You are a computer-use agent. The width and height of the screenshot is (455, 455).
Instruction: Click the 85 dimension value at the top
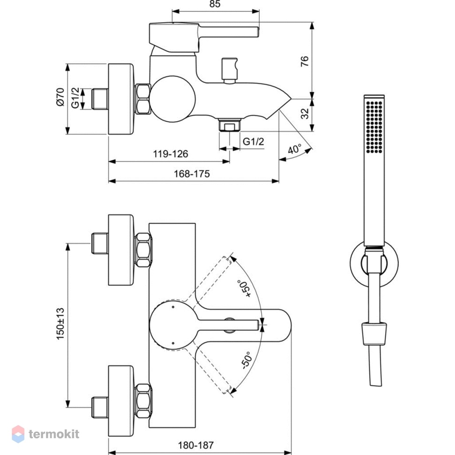click(215, 4)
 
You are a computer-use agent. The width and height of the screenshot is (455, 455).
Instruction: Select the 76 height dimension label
click(305, 61)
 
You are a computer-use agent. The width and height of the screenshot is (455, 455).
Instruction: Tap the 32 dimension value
click(305, 114)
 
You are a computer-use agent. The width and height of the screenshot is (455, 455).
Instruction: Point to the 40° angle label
click(295, 149)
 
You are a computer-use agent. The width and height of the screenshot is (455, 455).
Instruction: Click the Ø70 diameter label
click(60, 97)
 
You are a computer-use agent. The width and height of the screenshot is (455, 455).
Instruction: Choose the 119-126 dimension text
click(170, 153)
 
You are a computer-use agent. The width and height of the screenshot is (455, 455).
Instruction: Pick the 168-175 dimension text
click(191, 174)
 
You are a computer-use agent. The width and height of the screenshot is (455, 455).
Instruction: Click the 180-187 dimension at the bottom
click(196, 445)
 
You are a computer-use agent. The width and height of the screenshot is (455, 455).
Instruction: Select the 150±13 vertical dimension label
click(60, 324)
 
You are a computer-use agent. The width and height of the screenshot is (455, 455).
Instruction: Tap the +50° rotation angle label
click(244, 288)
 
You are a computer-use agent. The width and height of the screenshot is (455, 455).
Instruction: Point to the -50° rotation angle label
click(246, 360)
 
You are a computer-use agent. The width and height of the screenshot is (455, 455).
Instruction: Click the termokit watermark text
click(54, 434)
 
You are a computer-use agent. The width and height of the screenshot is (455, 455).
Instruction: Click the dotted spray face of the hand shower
click(374, 127)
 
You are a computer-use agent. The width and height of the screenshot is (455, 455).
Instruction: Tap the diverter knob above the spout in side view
click(229, 71)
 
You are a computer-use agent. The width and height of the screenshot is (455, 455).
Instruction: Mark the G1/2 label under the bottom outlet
click(253, 142)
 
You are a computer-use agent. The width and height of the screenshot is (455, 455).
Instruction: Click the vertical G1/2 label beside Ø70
click(75, 98)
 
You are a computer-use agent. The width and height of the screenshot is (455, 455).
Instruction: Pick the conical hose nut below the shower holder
click(374, 334)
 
